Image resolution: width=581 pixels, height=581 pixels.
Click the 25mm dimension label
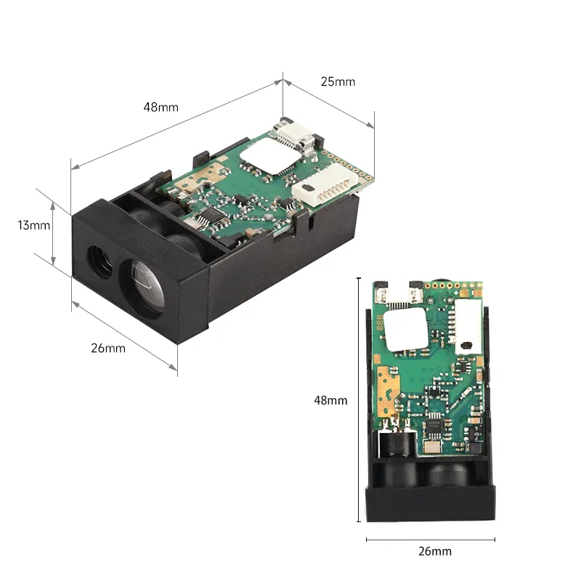point(338,81)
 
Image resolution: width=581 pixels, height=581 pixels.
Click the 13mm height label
point(34,225)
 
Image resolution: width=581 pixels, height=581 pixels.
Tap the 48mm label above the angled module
point(161,107)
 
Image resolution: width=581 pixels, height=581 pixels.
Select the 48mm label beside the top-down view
point(330,400)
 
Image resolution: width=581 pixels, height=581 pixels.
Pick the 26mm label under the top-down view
point(434,551)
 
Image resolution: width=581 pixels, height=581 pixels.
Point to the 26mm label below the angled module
point(108,348)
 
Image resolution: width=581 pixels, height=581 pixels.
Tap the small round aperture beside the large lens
point(96,257)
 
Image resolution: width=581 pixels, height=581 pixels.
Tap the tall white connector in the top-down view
point(468,323)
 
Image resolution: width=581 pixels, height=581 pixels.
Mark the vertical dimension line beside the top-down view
point(359,399)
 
